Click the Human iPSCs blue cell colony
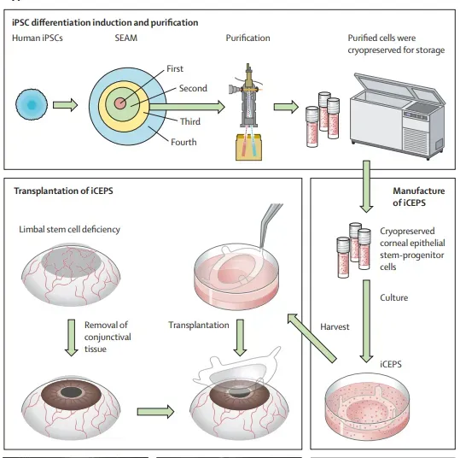(x=32, y=104)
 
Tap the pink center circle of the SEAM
(x=120, y=103)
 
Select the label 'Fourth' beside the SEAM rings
(x=183, y=142)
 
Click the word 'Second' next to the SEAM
(x=193, y=88)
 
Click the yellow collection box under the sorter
(x=248, y=147)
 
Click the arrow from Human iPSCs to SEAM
(x=65, y=105)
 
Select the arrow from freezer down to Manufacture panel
(x=366, y=186)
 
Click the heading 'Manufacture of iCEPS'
(x=419, y=197)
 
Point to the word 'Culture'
(x=394, y=297)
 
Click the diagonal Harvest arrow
(x=312, y=338)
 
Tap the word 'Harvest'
(x=335, y=326)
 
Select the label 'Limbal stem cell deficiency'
(x=69, y=230)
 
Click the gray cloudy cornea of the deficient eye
(x=73, y=260)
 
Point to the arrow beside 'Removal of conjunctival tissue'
(x=72, y=338)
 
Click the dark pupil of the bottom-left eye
(x=71, y=392)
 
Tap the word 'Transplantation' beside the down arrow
(x=199, y=325)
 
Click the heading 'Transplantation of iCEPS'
(x=63, y=191)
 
